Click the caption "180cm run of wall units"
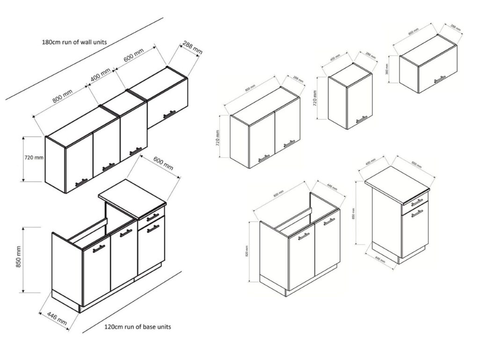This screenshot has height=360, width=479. (x=74, y=42)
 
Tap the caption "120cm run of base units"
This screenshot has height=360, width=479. (x=137, y=327)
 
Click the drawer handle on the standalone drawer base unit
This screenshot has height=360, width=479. (x=417, y=201)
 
